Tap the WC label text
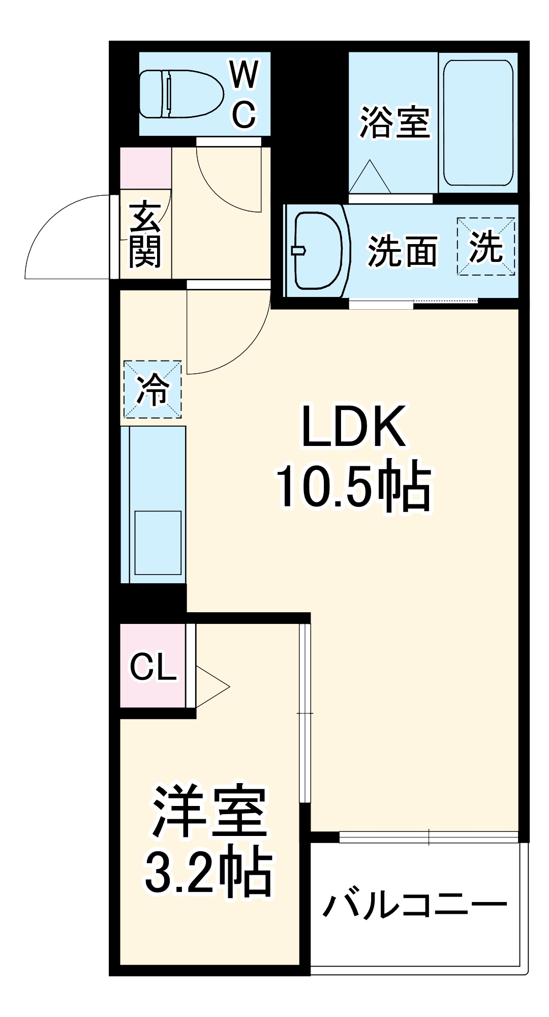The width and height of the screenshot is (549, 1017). click(x=245, y=95)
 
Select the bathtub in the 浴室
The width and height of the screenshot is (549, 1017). click(x=478, y=123)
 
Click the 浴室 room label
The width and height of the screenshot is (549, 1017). click(x=395, y=123)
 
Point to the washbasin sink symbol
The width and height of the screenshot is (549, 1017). click(x=318, y=250)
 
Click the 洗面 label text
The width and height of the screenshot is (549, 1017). click(x=402, y=251)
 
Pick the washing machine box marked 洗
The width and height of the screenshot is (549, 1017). click(x=485, y=247)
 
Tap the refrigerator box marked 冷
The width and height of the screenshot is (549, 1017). click(x=152, y=390)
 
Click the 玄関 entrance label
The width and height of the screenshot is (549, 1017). click(x=145, y=235)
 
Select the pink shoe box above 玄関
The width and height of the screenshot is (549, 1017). click(x=145, y=168)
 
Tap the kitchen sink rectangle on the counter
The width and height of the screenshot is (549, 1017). click(x=158, y=543)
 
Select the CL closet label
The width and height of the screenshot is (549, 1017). click(x=153, y=667)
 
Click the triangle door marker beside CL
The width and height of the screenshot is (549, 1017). click(x=209, y=686)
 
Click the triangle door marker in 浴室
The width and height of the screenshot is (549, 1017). click(x=370, y=178)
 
